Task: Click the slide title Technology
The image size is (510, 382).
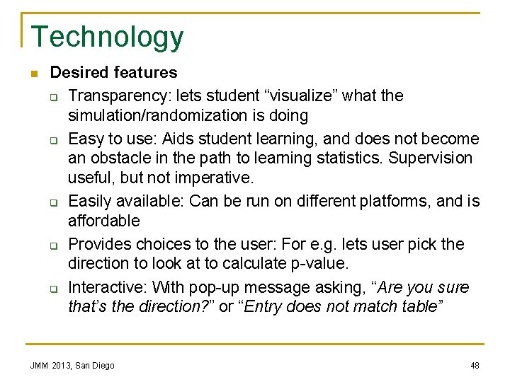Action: tap(108, 37)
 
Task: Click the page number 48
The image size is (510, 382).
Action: tap(475, 366)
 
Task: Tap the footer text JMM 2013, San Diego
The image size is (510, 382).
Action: tap(72, 366)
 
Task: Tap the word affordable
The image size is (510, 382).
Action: tap(104, 221)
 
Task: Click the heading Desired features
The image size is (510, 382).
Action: tap(113, 72)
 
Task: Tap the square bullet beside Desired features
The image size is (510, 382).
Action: tap(33, 73)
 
